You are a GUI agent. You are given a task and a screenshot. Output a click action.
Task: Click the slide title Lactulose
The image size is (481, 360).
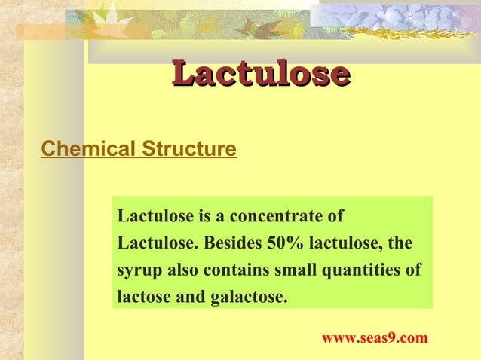(260, 75)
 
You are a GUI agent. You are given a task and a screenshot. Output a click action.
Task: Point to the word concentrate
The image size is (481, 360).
(286, 217)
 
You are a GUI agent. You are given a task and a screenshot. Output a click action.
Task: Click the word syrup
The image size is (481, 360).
(137, 270)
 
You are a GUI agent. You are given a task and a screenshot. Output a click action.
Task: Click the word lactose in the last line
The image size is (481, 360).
(143, 297)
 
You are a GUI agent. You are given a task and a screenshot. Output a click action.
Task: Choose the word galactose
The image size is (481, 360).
(247, 297)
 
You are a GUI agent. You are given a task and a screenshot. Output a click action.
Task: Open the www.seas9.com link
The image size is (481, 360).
(375, 338)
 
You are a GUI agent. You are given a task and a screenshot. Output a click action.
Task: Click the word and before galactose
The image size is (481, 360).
(189, 297)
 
